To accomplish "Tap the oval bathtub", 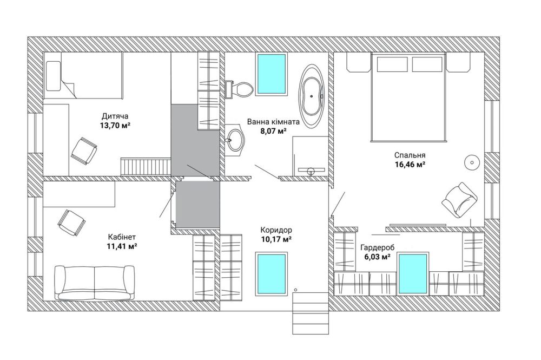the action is click(x=312, y=96).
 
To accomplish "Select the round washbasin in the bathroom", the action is click(x=236, y=140).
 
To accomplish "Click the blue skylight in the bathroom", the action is click(x=272, y=74).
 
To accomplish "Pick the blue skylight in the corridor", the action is click(x=271, y=274).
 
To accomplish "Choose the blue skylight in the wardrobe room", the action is click(x=413, y=274).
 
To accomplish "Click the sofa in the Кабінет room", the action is click(x=95, y=283).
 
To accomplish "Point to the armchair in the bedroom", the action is click(x=459, y=200).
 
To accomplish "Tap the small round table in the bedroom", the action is click(x=472, y=162).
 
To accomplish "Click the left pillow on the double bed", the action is click(x=392, y=64).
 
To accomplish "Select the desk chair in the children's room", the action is click(x=84, y=151).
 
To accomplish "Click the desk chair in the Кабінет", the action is click(x=71, y=222).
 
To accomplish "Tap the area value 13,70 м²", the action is click(x=115, y=125).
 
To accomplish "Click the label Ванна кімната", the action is click(x=273, y=122).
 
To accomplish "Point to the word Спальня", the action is click(x=410, y=155).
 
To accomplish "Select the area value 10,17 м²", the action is click(x=276, y=239).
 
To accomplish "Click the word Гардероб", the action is click(x=378, y=247).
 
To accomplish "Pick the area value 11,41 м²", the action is click(x=122, y=246).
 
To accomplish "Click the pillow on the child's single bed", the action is click(x=53, y=76).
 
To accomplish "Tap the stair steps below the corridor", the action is click(x=310, y=313).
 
